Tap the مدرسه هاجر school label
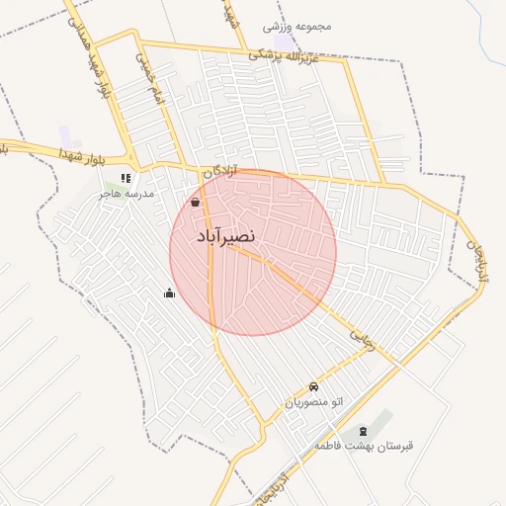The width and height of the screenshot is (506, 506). [x=126, y=195]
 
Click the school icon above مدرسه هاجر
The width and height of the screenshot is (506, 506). [x=126, y=179]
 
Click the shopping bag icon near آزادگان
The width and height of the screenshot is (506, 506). [x=196, y=203]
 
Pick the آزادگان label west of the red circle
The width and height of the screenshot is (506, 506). [x=222, y=172]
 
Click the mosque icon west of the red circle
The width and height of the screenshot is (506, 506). [x=169, y=293]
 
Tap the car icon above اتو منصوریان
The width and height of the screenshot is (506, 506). [x=313, y=386]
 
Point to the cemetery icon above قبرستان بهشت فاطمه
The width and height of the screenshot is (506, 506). [x=362, y=430]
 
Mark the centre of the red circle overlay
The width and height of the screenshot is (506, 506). [x=253, y=252]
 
